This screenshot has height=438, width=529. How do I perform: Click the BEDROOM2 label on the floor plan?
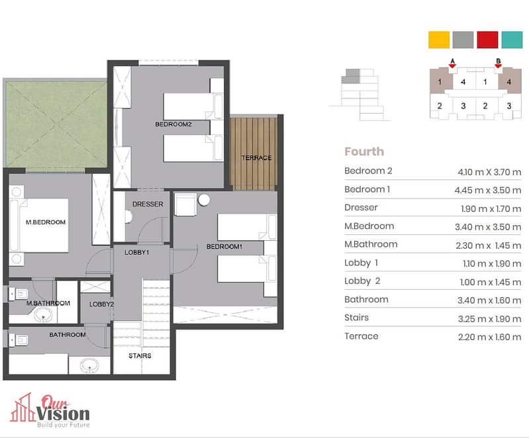pos(173,124)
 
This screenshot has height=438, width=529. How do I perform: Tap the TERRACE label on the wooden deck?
pos(256,157)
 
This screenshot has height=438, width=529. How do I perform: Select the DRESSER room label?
pos(148,204)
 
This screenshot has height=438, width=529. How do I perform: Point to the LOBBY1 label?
pos(136,252)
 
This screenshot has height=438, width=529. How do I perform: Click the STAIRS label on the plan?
pos(140,355)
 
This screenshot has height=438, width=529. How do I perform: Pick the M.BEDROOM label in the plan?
pos(46,222)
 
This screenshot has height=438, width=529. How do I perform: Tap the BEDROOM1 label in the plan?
pos(224,247)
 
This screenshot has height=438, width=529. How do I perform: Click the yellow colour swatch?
pos(439,40)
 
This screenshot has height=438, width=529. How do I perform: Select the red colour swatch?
pos(487,40)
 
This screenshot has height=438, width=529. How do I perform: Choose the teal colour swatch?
pos(512,40)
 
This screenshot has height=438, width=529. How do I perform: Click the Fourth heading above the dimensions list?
pos(364,152)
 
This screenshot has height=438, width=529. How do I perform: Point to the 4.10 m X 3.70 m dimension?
pos(489,172)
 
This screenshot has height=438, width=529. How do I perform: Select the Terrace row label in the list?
pos(361,336)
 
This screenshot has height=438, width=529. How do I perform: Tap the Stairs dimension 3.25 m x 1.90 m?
pos(489,319)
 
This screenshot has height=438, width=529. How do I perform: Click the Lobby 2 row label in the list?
pos(362,281)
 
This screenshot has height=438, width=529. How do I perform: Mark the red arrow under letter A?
pos(452,66)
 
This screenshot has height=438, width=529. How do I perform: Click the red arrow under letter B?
pos(498,66)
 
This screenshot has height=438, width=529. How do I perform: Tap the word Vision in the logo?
pos(63,414)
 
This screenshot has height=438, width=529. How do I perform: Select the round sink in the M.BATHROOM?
pos(43,316)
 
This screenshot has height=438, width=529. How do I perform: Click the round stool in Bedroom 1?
pos(204,200)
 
